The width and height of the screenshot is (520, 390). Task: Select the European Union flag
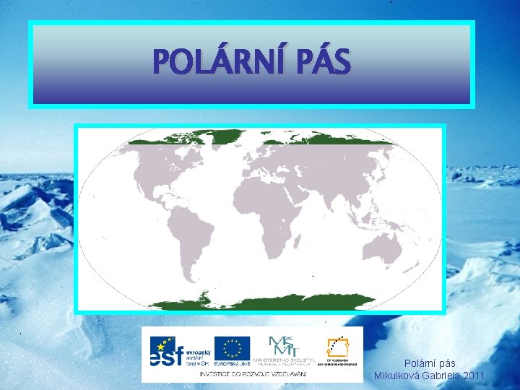(x=232, y=347)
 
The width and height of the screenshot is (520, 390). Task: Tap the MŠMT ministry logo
(x=282, y=345)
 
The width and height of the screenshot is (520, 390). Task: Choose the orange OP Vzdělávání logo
(x=338, y=347)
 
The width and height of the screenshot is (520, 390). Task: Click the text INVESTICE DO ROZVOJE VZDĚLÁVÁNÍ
(x=253, y=374)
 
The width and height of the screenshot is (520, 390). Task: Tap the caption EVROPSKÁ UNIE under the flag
(x=232, y=363)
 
